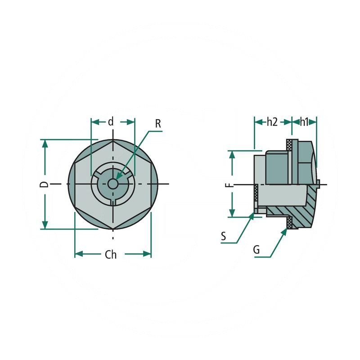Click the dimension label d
[x=111, y=121]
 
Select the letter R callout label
[x=158, y=123]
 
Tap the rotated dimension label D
[x=44, y=184]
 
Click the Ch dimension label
[x=111, y=255]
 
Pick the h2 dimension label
[x=272, y=121]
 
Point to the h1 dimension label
[x=304, y=121]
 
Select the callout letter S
[x=224, y=236]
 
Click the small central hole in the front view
[x=112, y=184]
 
